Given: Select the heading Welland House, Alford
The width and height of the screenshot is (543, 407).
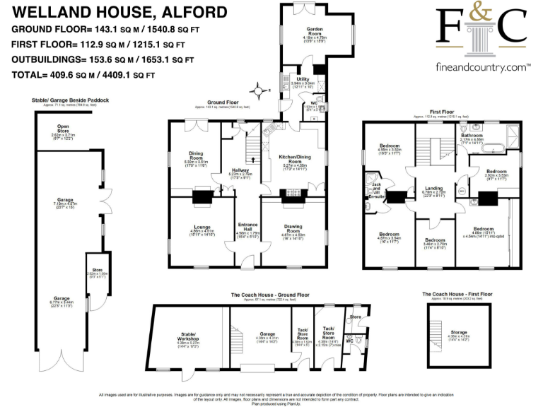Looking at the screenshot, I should click(119, 12).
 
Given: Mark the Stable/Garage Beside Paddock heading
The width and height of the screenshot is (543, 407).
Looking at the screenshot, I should click(71, 101).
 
